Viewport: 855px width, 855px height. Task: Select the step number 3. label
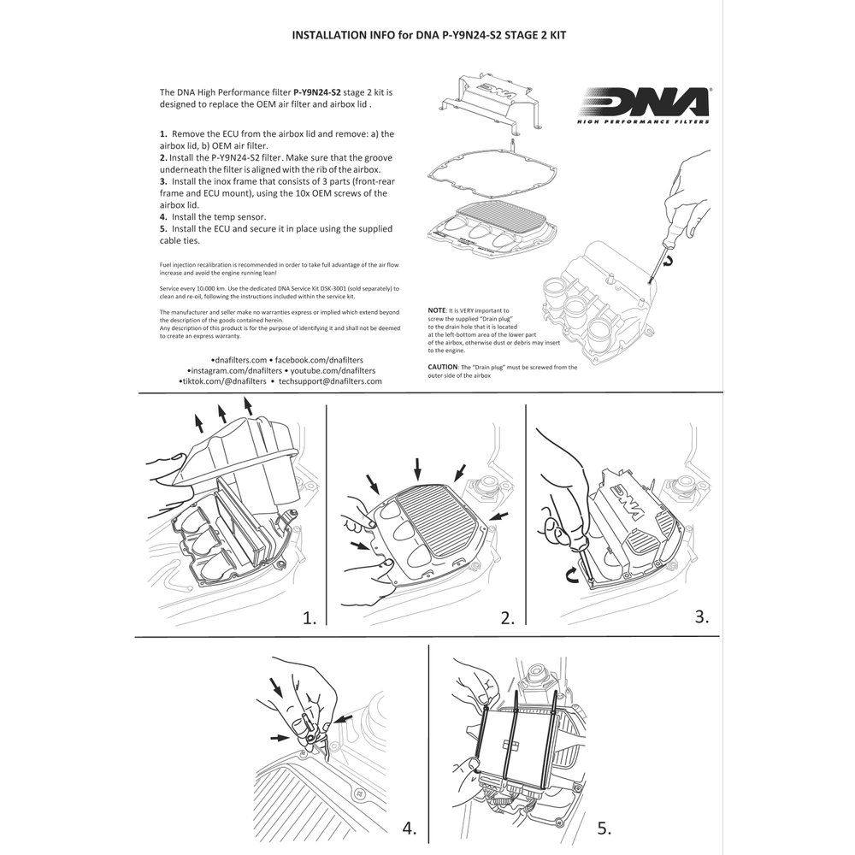pyautogui.click(x=702, y=616)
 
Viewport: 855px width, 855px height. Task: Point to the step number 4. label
pyautogui.click(x=410, y=828)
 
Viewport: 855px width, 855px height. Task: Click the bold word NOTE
pyautogui.click(x=438, y=310)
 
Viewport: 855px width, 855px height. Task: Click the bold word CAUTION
pyautogui.click(x=445, y=367)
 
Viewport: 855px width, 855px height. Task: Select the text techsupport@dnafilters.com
pyautogui.click(x=330, y=382)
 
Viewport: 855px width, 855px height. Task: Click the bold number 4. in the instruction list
pyautogui.click(x=163, y=217)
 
